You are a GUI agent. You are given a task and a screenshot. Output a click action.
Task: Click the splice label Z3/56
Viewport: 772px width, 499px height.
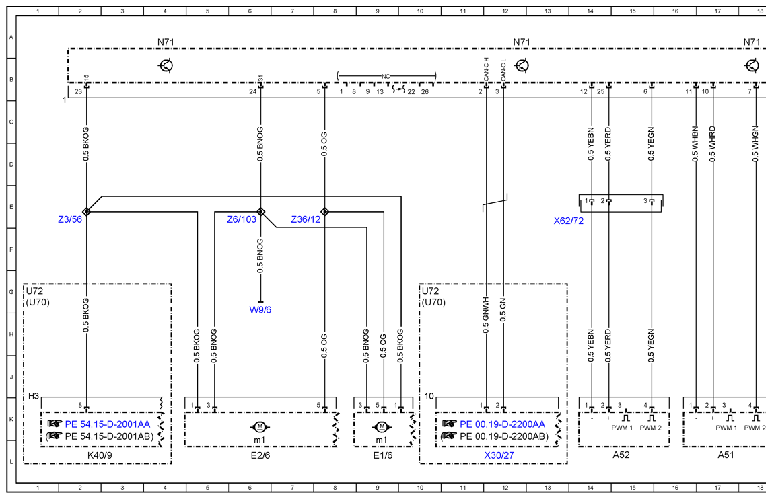(x=70, y=219)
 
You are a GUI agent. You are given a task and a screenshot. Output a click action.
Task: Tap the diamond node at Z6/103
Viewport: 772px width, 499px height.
(x=261, y=212)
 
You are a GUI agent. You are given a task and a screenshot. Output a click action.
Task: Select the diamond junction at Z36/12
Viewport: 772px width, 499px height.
(x=324, y=212)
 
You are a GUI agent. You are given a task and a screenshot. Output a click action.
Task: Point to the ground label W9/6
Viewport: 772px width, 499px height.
(x=260, y=309)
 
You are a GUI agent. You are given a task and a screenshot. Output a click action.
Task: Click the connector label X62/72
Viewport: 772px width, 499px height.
(x=569, y=221)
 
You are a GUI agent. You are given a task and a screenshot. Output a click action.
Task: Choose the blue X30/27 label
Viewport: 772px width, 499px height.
(x=499, y=455)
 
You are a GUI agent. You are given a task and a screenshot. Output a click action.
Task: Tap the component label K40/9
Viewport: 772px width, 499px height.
(x=100, y=455)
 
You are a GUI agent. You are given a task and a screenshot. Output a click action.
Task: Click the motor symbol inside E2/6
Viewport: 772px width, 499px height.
(x=260, y=426)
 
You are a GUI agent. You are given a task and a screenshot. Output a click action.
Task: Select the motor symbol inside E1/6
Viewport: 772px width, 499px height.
(x=382, y=426)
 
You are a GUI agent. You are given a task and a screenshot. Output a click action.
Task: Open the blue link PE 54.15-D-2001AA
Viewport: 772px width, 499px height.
(x=107, y=424)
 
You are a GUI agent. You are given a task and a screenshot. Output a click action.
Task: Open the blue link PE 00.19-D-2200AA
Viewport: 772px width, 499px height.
(x=502, y=424)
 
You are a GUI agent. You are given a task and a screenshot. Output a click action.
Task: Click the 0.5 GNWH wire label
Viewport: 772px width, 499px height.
(x=486, y=315)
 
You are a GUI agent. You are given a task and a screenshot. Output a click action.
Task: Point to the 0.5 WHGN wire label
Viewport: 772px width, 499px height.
(x=756, y=144)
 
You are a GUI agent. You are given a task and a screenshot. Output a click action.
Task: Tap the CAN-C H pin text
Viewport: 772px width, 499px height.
(x=486, y=69)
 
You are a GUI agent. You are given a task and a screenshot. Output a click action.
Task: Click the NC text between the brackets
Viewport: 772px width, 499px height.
(x=386, y=76)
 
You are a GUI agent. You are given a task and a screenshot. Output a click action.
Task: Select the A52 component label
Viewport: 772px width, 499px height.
(x=621, y=455)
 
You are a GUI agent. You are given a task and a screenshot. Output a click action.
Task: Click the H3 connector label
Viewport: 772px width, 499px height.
(x=34, y=396)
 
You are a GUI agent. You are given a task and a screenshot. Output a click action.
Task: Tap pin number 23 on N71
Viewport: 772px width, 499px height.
(x=78, y=91)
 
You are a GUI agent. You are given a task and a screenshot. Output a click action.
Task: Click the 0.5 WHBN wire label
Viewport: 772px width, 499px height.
(x=695, y=144)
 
